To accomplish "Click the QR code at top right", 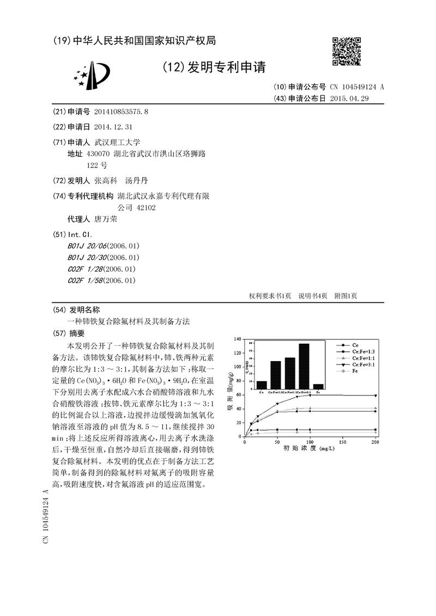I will coord(347,53).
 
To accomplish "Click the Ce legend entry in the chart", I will coord(355,345).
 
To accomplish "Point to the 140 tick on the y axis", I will coord(237,339).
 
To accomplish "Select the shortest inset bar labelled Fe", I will coord(318,387).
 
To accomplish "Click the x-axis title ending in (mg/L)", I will coord(308,449).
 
